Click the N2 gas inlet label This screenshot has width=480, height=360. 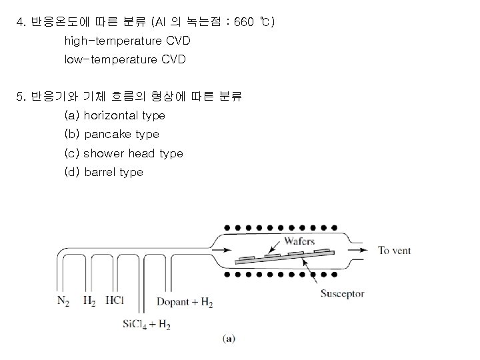click(x=63, y=301)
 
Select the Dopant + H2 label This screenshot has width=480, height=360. click(x=185, y=302)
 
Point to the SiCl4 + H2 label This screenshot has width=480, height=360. click(x=146, y=325)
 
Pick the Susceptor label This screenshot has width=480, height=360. click(x=342, y=293)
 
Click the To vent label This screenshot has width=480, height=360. click(x=395, y=251)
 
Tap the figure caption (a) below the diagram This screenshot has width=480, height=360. click(x=229, y=339)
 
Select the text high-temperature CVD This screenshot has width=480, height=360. click(x=127, y=41)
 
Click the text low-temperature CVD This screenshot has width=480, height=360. click(x=125, y=60)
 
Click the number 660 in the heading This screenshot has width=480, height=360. click(x=245, y=23)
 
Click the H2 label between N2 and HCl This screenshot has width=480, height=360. click(x=89, y=301)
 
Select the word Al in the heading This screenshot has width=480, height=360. click(x=160, y=23)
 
